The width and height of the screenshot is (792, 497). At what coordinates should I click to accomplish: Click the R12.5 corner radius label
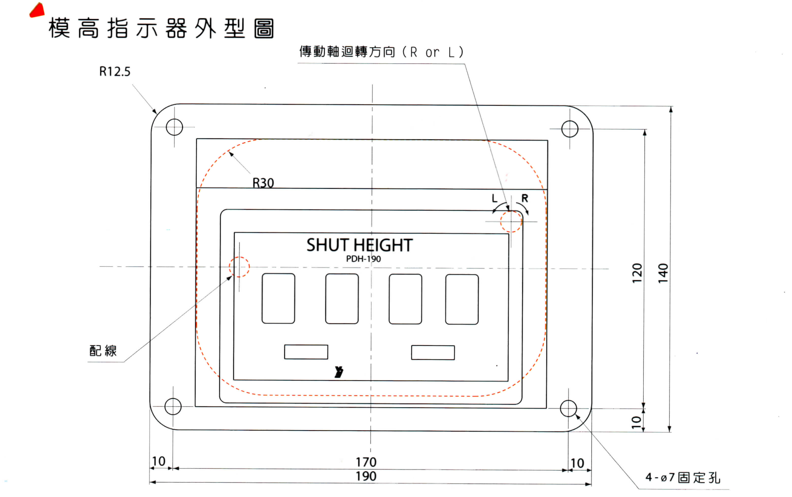115,72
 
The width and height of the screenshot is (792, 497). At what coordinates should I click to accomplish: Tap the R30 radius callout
263,183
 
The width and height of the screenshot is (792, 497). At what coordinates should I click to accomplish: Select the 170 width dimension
366,462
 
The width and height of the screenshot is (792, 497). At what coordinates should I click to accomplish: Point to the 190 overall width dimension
366,476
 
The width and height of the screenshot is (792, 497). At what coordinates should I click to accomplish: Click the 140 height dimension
663,273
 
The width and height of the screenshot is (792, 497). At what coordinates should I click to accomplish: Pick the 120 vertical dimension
637,273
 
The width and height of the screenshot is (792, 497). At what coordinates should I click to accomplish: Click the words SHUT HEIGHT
360,245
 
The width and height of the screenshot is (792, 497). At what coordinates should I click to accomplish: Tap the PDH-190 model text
363,259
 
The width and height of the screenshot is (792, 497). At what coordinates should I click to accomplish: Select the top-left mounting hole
174,127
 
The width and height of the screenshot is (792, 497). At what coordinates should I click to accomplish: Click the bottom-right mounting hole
568,409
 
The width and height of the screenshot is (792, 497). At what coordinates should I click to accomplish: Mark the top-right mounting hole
570,129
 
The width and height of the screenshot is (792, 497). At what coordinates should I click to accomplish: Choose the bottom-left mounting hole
173,406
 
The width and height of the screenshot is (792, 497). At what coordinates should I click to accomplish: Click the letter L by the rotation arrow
494,198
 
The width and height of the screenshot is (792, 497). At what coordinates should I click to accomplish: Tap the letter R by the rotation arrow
525,198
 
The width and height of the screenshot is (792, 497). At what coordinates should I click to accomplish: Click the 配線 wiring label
103,351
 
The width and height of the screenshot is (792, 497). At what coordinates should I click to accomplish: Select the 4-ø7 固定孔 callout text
682,478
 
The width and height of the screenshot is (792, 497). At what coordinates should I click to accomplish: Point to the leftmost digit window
278,298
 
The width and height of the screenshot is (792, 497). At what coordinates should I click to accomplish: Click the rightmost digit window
462,299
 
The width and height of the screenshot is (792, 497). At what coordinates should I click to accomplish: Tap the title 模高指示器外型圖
161,28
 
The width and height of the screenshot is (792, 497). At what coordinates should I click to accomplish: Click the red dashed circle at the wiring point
239,267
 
